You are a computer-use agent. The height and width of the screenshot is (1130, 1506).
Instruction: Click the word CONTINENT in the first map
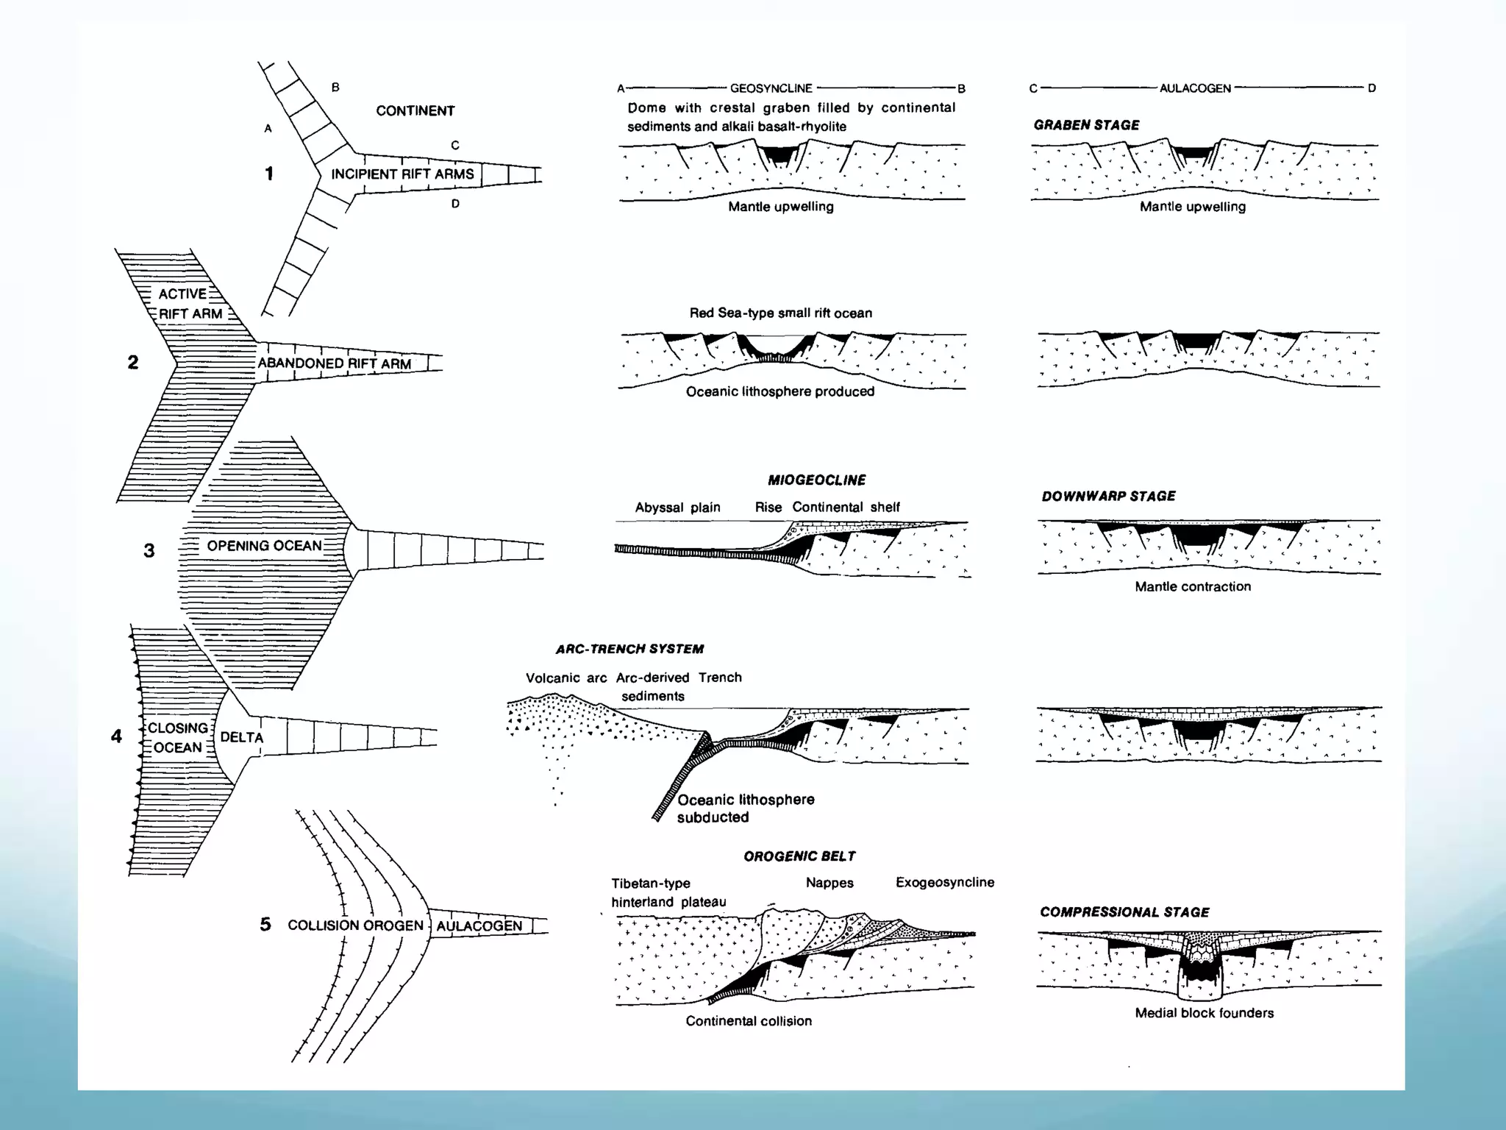[x=415, y=111]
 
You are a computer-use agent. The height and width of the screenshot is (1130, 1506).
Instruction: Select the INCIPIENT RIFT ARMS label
[x=402, y=174]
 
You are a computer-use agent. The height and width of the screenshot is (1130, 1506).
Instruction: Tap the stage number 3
[x=149, y=551]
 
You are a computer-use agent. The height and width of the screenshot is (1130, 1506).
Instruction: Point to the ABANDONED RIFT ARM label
[x=334, y=363]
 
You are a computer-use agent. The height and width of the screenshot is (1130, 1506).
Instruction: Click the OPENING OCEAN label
[x=264, y=546]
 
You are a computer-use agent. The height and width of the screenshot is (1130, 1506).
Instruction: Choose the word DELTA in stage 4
[x=241, y=737]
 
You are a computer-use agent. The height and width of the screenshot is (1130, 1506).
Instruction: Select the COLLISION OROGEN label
[x=355, y=925]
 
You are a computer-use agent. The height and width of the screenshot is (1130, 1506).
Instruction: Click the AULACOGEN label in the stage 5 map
[x=479, y=926]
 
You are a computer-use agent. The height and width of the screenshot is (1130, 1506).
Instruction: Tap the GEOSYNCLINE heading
[x=771, y=88]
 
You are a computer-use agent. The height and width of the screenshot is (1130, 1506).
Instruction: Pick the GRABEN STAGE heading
[x=1086, y=125]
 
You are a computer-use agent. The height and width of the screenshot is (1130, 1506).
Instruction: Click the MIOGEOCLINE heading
[x=816, y=480]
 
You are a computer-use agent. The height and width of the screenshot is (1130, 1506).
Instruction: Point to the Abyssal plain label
[x=677, y=508]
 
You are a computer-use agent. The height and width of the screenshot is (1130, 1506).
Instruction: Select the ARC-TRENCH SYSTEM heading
[x=629, y=649]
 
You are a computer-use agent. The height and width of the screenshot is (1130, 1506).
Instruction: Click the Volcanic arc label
[x=565, y=678]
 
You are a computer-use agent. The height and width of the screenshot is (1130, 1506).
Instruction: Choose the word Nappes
[x=829, y=883]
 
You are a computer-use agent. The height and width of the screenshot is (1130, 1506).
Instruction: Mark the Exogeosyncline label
[x=944, y=882]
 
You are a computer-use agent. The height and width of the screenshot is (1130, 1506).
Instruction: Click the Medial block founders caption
[x=1204, y=1013]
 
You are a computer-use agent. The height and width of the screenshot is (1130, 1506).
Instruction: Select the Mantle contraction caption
[x=1192, y=586]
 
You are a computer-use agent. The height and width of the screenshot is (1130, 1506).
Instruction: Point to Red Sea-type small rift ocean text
[x=780, y=313]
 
